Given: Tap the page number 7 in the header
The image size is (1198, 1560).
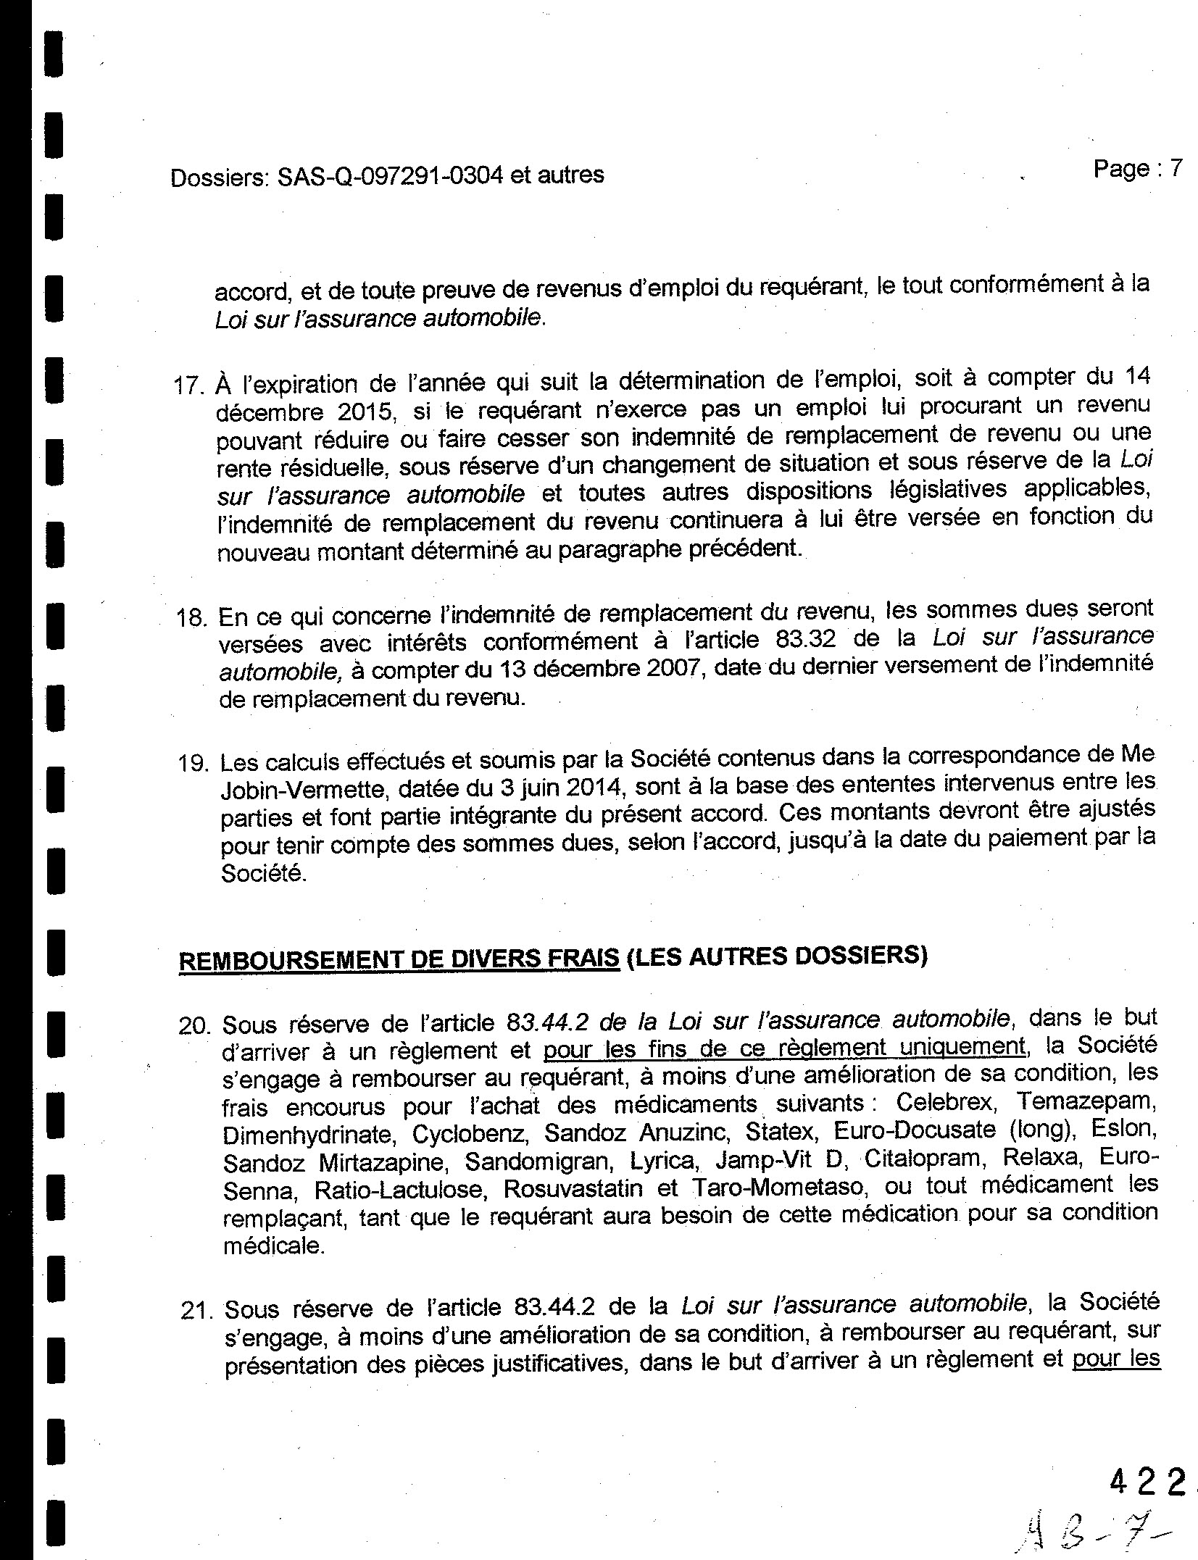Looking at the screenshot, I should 1175,169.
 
